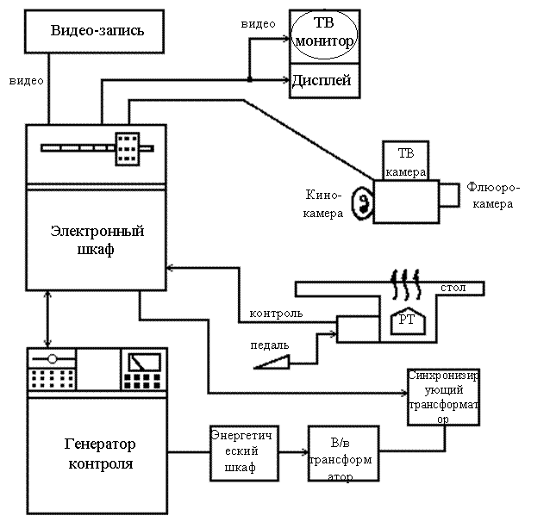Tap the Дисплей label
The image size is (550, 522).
click(322, 80)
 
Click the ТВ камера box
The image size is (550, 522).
click(405, 161)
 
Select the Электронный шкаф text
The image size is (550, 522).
click(97, 240)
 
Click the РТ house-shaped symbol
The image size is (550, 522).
click(408, 319)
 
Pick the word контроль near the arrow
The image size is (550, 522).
click(276, 313)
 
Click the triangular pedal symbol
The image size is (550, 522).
click(273, 363)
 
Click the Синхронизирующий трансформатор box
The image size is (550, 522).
click(443, 396)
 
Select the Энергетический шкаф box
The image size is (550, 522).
click(243, 452)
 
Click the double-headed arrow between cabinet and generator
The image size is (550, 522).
click(47, 319)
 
